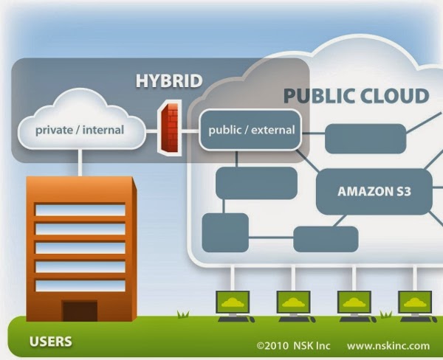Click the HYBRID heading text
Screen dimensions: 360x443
point(168,80)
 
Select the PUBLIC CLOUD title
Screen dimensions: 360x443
point(356,96)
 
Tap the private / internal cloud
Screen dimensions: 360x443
point(80,131)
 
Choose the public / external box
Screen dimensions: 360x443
point(252,131)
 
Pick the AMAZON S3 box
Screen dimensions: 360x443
point(374,191)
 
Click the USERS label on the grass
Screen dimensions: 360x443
point(50,342)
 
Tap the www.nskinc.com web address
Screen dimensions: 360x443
point(388,345)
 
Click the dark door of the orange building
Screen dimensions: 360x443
point(80,311)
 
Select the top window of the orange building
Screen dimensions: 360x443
point(80,210)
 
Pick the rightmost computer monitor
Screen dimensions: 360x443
point(415,303)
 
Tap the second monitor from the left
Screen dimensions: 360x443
point(293,303)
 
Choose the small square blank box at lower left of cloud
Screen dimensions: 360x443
point(224,232)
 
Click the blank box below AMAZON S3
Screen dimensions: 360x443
point(326,239)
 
